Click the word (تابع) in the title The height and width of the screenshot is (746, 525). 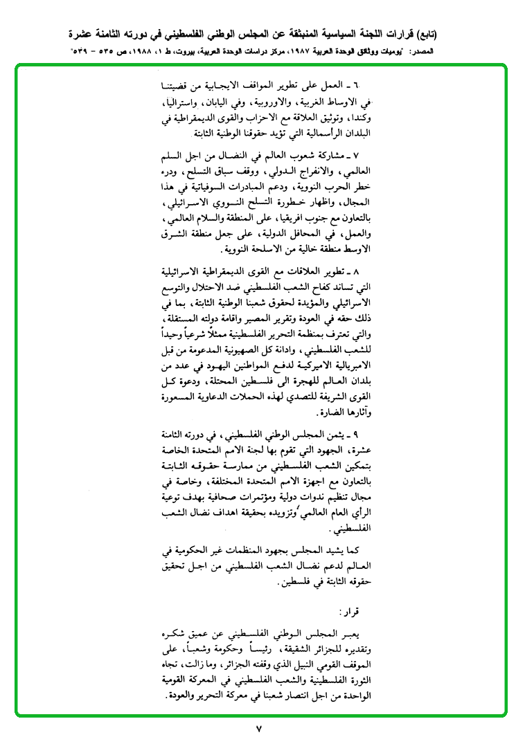click(436, 34)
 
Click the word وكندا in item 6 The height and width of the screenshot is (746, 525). click(353, 118)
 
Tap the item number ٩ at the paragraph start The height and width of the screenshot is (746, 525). click(356, 437)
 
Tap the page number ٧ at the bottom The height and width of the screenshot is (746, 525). click(260, 729)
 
